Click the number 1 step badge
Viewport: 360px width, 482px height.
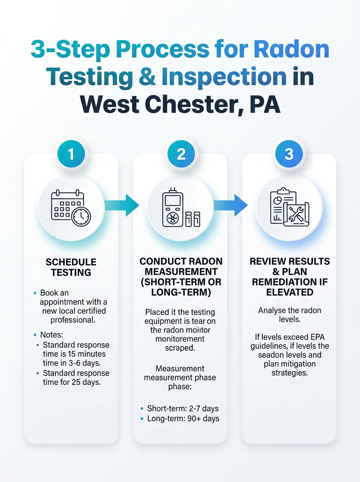(71, 154)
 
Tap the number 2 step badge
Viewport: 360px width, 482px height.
(181, 154)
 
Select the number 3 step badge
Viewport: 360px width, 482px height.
(289, 154)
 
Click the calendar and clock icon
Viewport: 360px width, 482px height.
(71, 208)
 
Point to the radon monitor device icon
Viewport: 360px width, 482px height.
(181, 207)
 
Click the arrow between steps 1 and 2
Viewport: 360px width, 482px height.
(122, 205)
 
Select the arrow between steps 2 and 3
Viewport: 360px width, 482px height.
(230, 205)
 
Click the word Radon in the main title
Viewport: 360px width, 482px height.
(291, 49)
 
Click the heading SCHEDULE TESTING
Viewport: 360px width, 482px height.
(71, 267)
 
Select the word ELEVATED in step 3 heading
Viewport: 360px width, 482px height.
(290, 292)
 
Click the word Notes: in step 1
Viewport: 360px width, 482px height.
(51, 335)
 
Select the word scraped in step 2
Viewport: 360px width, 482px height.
(180, 348)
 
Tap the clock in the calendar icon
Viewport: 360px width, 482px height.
(81, 216)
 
